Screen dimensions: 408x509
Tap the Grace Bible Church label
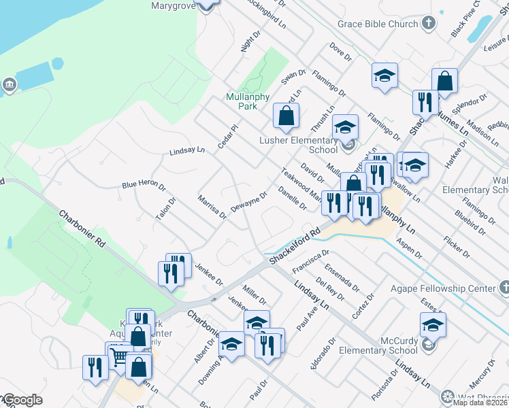click(378, 24)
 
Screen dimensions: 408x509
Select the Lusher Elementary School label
click(299, 145)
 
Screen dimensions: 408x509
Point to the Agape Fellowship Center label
click(443, 288)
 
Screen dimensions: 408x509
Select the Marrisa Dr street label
click(212, 207)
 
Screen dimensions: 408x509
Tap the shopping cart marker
click(119, 356)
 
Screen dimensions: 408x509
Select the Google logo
click(22, 400)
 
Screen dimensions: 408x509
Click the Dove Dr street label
click(338, 50)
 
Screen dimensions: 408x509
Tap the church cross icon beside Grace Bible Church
click(429, 24)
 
